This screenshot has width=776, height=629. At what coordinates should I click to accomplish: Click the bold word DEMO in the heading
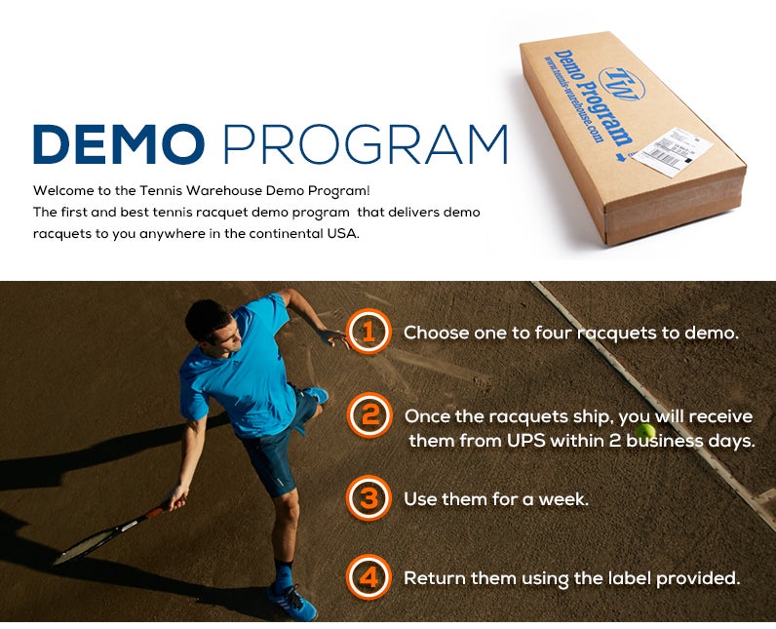(x=118, y=143)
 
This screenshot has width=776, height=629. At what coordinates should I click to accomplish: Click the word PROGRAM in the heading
(x=366, y=143)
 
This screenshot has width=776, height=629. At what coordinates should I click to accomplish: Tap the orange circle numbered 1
(x=369, y=333)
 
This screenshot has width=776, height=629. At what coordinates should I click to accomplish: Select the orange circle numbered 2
(x=369, y=416)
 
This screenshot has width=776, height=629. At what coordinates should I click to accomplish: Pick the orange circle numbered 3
(x=369, y=498)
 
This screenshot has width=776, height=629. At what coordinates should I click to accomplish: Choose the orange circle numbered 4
(x=369, y=577)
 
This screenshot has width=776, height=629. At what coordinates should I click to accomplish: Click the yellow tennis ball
(x=644, y=431)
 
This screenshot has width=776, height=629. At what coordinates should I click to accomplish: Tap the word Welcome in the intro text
(x=66, y=190)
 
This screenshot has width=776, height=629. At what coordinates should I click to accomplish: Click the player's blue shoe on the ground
(x=294, y=604)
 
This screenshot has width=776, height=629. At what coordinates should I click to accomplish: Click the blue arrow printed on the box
(x=618, y=153)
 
